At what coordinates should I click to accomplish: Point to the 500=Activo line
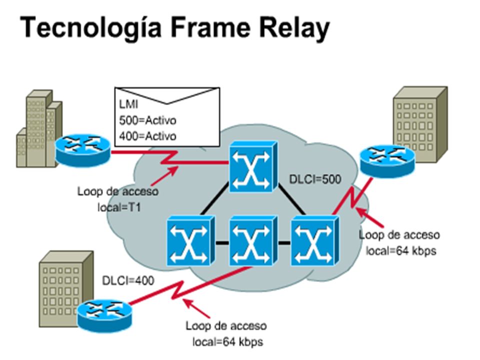point(148,121)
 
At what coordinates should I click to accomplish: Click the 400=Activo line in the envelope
point(148,135)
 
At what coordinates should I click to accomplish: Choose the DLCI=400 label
point(128,280)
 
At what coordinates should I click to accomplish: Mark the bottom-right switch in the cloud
point(313,240)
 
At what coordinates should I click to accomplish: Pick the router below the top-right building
point(387,159)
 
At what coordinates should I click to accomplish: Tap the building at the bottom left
point(64,287)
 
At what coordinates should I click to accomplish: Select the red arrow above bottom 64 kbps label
point(197,306)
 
